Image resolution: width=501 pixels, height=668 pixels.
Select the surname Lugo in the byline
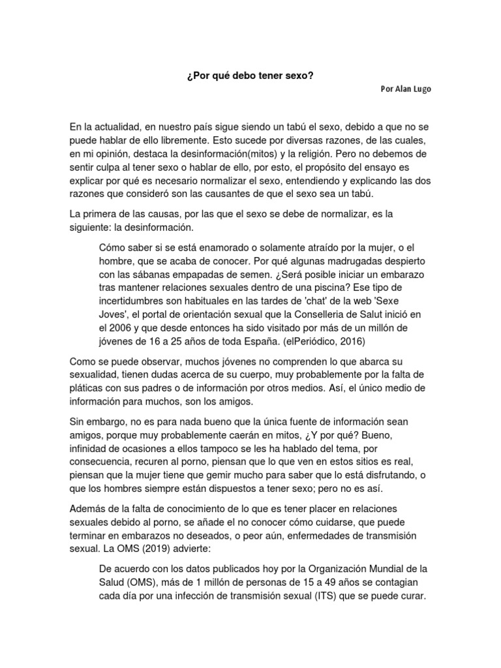point(421,89)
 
